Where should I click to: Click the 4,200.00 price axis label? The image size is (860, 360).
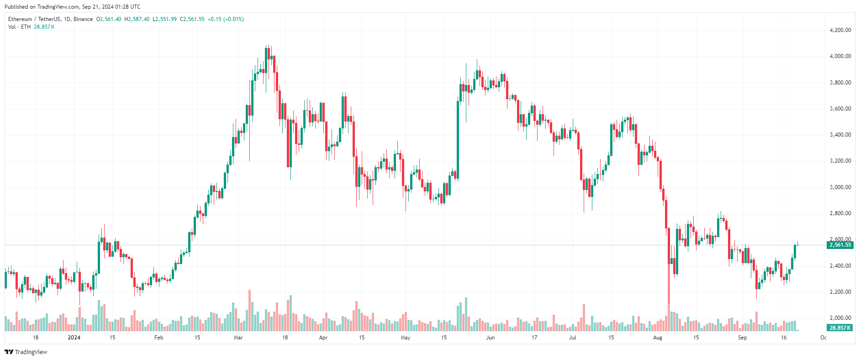(x=840, y=30)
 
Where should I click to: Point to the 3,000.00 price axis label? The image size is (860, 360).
(x=840, y=187)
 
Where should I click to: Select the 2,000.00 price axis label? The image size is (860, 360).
(x=840, y=318)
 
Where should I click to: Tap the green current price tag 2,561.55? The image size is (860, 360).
(x=840, y=245)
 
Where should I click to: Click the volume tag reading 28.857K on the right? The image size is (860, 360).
(x=840, y=328)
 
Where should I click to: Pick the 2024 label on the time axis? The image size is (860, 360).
(x=74, y=338)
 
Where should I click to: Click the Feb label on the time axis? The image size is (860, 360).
(x=158, y=338)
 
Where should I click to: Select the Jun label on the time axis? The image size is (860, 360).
(x=490, y=338)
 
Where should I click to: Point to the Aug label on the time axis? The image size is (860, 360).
(x=657, y=338)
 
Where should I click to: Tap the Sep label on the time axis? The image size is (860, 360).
(x=742, y=338)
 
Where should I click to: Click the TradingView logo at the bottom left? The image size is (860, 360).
(x=26, y=352)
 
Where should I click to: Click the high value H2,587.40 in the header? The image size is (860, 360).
(x=137, y=19)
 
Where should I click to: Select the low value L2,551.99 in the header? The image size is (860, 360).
(x=164, y=19)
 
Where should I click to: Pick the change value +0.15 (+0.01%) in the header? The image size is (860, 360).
(x=226, y=19)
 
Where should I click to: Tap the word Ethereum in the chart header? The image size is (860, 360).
(x=20, y=19)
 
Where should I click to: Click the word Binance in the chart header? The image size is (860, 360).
(x=83, y=19)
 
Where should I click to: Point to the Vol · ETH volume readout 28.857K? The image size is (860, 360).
(x=44, y=27)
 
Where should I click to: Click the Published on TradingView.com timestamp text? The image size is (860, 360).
(x=72, y=7)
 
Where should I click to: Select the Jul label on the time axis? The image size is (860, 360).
(x=572, y=338)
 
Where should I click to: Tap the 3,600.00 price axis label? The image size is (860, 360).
(x=840, y=109)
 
